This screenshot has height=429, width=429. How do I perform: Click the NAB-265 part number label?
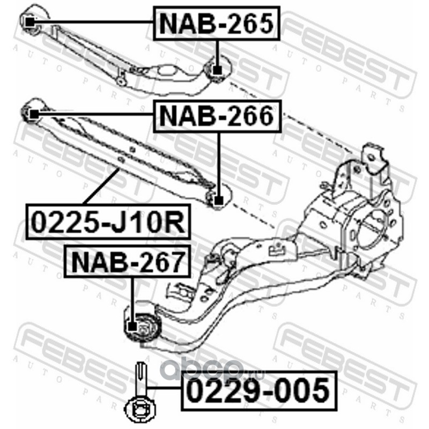tap(217, 23)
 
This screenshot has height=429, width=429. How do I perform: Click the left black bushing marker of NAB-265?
tap(30, 22)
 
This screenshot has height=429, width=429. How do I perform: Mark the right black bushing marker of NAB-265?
tap(217, 70)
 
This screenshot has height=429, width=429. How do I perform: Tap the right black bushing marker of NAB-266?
tap(218, 201)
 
